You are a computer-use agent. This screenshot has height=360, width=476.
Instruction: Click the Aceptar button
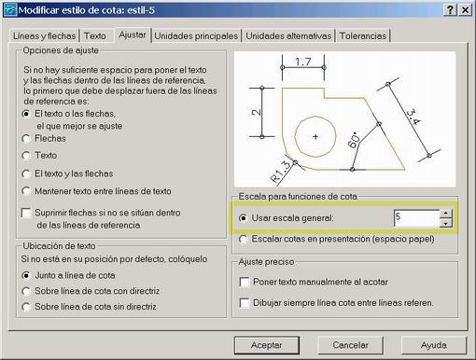(267, 345)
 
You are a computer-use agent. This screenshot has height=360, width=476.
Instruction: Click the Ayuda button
(434, 345)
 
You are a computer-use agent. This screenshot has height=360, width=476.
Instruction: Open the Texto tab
(95, 36)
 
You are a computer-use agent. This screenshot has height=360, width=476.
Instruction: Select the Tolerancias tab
(363, 36)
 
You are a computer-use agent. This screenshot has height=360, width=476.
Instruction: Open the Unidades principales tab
(196, 36)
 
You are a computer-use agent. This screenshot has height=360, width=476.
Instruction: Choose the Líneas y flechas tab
(44, 36)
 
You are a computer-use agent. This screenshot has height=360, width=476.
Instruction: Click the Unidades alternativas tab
(288, 36)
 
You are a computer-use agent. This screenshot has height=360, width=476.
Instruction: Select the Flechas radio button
(26, 139)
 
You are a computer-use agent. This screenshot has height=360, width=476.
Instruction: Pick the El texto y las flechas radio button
(26, 173)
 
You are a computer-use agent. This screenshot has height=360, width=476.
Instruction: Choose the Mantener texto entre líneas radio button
(26, 191)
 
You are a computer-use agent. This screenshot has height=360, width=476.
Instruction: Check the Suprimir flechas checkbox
(26, 213)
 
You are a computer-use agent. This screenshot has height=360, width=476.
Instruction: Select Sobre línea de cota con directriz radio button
(26, 291)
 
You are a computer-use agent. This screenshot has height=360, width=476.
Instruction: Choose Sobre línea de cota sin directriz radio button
(26, 307)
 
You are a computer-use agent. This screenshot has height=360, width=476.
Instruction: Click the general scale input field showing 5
(416, 218)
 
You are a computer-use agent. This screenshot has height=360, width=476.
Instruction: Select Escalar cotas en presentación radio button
(243, 239)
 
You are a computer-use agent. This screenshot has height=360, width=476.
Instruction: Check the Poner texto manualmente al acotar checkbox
(245, 283)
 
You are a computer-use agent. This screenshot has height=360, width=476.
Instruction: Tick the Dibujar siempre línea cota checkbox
(245, 303)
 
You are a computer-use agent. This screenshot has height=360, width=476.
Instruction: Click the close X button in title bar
(465, 10)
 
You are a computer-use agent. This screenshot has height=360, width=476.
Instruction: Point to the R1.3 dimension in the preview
(280, 172)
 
